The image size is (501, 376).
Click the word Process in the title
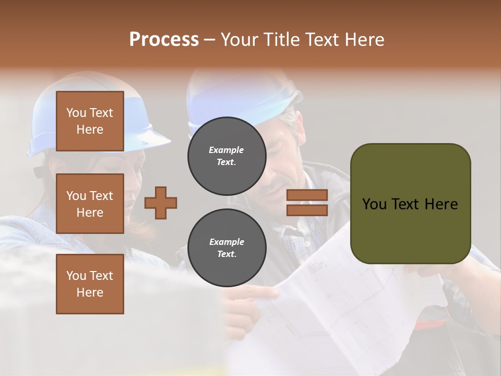tap(164, 39)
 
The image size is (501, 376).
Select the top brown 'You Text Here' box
tap(90, 121)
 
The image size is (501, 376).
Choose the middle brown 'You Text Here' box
tap(90, 204)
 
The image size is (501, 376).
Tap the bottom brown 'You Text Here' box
tap(90, 284)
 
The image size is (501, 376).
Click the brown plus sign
tap(161, 203)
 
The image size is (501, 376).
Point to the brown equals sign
tap(307, 203)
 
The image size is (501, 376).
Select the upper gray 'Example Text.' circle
tap(226, 156)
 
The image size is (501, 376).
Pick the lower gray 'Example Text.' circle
tap(226, 248)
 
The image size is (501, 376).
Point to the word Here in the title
tap(364, 40)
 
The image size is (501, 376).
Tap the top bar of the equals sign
tap(307, 195)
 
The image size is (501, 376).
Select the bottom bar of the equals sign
tap(307, 210)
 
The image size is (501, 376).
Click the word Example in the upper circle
tap(226, 150)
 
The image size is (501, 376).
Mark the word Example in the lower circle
tap(226, 242)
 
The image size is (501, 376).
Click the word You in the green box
tap(374, 204)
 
